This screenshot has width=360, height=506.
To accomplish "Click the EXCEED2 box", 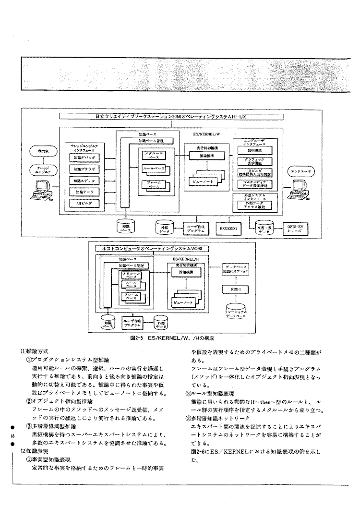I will pyautogui.click(x=228, y=228).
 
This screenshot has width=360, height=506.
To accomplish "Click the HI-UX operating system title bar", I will pyautogui.click(x=171, y=116).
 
